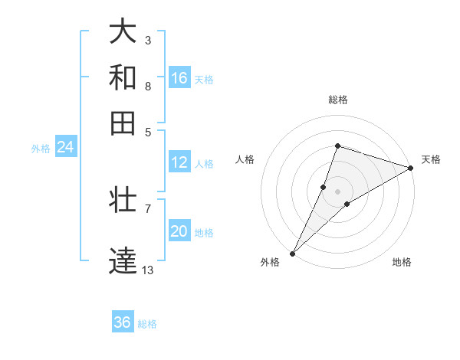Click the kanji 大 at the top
(123, 31)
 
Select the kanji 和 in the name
(123, 77)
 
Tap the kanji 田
(123, 123)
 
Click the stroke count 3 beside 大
(147, 40)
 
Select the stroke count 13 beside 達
(148, 270)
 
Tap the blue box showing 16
(179, 77)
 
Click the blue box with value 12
(179, 162)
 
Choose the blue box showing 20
(179, 231)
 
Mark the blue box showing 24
(65, 147)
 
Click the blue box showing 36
(123, 322)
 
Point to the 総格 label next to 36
(148, 324)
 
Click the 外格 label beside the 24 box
(41, 149)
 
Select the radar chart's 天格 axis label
(431, 159)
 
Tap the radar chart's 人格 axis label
(245, 159)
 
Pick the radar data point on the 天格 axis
(410, 168)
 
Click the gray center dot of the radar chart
(337, 191)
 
